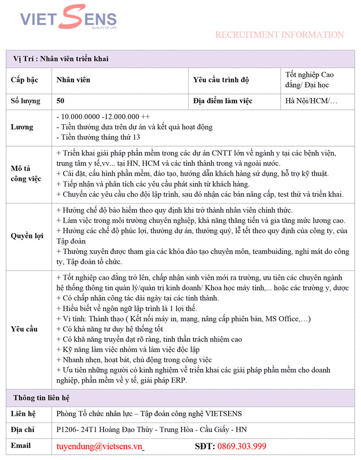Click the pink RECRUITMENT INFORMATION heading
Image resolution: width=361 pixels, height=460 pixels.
point(279,35)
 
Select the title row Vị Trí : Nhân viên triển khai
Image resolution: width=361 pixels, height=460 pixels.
point(61,59)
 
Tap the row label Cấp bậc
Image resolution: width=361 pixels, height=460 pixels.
point(25,80)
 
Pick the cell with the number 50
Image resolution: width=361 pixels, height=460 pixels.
point(61,101)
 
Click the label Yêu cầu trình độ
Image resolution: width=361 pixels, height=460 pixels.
point(221,80)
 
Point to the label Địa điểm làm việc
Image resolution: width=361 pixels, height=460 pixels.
point(222,101)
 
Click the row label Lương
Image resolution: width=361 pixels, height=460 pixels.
point(22,127)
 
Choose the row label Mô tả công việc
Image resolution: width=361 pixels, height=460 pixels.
point(26,174)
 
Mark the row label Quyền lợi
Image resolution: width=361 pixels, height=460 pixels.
point(27,236)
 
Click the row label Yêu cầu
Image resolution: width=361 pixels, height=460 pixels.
point(24,329)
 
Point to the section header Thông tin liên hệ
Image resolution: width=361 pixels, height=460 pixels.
point(41,398)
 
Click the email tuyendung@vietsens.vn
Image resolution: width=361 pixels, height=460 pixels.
point(100,446)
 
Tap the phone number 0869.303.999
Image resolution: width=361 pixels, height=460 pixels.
point(242,446)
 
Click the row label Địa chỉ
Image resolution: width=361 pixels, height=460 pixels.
point(23,430)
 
